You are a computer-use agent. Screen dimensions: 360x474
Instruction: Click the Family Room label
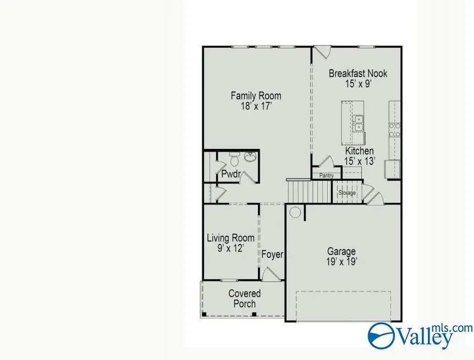[x=251, y=96]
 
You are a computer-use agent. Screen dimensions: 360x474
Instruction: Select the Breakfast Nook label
[x=357, y=73]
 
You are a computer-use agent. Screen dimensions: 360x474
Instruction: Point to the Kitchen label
[x=359, y=151]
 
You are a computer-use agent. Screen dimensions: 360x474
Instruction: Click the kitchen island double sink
[x=358, y=123]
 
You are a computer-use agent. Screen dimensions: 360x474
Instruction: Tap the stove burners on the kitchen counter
[x=394, y=130]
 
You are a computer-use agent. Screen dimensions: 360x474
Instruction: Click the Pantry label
[x=326, y=176]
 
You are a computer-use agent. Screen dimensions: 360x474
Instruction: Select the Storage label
[x=347, y=193]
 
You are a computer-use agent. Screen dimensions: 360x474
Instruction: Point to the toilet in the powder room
[x=233, y=160]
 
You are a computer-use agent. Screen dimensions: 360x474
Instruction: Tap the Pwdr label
[x=230, y=174]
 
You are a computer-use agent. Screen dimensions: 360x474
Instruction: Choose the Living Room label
[x=230, y=238]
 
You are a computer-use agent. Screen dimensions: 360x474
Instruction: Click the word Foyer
[x=272, y=254]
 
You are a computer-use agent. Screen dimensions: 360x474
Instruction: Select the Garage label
[x=341, y=252]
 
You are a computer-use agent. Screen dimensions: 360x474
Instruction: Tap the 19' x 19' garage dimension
[x=341, y=262]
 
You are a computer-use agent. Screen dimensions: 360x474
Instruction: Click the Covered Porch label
[x=244, y=298]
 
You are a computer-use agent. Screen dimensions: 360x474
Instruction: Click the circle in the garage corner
[x=295, y=212]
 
